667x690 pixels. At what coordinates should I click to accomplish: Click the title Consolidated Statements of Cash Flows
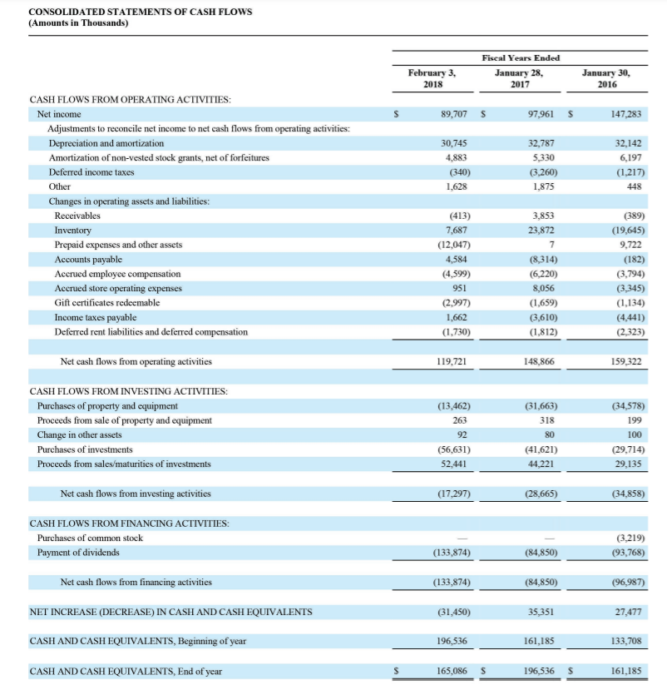140,12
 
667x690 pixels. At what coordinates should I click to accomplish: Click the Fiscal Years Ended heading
521,57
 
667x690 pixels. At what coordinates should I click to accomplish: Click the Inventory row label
73,231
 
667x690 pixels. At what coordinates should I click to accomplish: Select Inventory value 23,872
541,231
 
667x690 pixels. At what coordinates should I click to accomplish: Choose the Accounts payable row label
87,260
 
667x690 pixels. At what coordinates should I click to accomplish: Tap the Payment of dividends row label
78,553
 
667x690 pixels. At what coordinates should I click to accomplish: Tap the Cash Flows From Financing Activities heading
130,524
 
